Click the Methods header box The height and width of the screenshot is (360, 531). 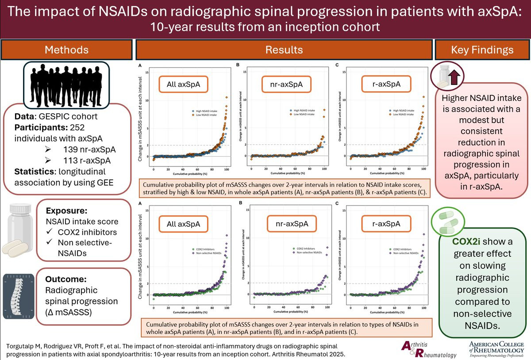coord(66,50)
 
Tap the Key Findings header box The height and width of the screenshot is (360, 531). coord(482,50)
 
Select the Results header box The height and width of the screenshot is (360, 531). coord(284,50)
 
